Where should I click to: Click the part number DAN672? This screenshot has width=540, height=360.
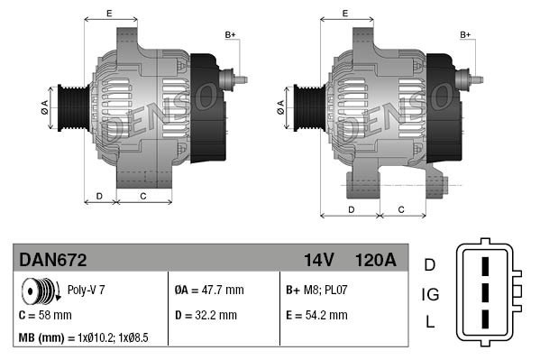(x=53, y=260)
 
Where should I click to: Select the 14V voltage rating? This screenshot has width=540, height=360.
(x=318, y=260)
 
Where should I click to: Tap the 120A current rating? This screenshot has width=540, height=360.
(x=376, y=260)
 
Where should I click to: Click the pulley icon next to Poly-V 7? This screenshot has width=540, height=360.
(x=39, y=292)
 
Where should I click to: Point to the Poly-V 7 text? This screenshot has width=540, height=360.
(x=87, y=291)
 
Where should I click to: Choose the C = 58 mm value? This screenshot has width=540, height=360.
(x=45, y=315)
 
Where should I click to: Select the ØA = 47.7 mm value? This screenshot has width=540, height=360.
(x=208, y=291)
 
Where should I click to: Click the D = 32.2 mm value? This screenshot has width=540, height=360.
(x=206, y=315)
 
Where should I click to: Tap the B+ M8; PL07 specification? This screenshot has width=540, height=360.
(x=316, y=291)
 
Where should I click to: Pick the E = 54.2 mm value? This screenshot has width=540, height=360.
(x=316, y=315)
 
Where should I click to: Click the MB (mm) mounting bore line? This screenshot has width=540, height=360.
(x=82, y=337)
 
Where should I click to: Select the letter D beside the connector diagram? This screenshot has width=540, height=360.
(x=430, y=264)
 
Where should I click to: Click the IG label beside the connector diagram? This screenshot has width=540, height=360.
(x=430, y=294)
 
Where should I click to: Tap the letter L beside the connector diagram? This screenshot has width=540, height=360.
(x=430, y=322)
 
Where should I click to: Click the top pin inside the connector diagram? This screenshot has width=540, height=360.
(x=485, y=268)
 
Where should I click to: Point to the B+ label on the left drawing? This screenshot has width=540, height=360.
(x=230, y=34)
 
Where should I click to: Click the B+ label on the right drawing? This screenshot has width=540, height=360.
(x=466, y=34)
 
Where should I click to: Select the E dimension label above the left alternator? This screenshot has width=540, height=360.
(x=109, y=13)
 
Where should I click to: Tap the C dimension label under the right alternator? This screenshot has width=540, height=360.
(x=399, y=209)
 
